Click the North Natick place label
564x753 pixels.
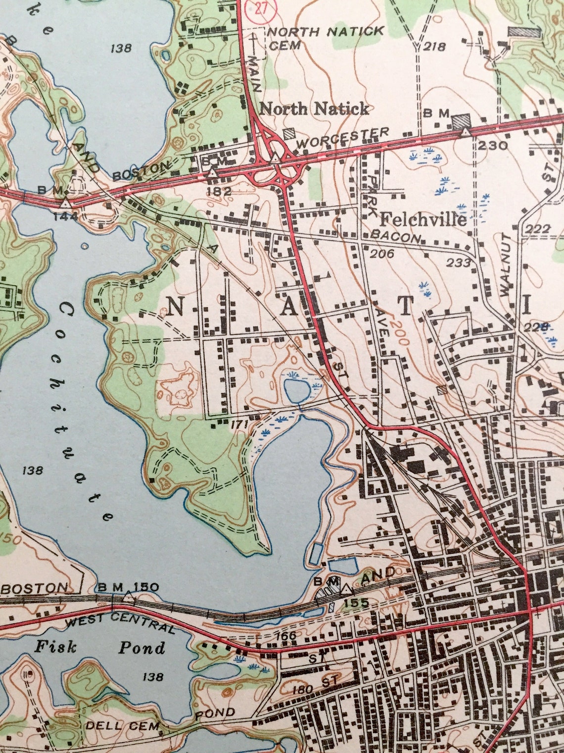coord(314,109)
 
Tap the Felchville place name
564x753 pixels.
coord(423,219)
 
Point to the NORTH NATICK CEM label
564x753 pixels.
coord(326,38)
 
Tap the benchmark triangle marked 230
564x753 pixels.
coord(466,133)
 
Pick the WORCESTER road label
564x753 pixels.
coord(344,138)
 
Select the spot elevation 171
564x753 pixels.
coord(239,424)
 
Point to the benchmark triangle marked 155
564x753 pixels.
coord(346,590)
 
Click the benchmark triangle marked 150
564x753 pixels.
coord(129,597)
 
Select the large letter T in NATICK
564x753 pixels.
coord(406,306)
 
